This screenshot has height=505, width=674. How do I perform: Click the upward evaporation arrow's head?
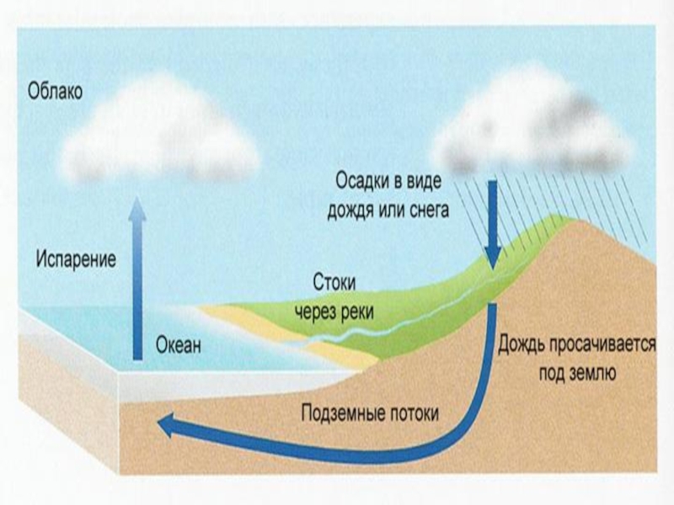click(137, 205)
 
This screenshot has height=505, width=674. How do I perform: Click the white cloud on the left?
click(160, 135)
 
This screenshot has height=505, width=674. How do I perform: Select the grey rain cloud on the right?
click(531, 130)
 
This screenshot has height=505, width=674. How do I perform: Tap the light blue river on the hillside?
click(396, 316)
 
